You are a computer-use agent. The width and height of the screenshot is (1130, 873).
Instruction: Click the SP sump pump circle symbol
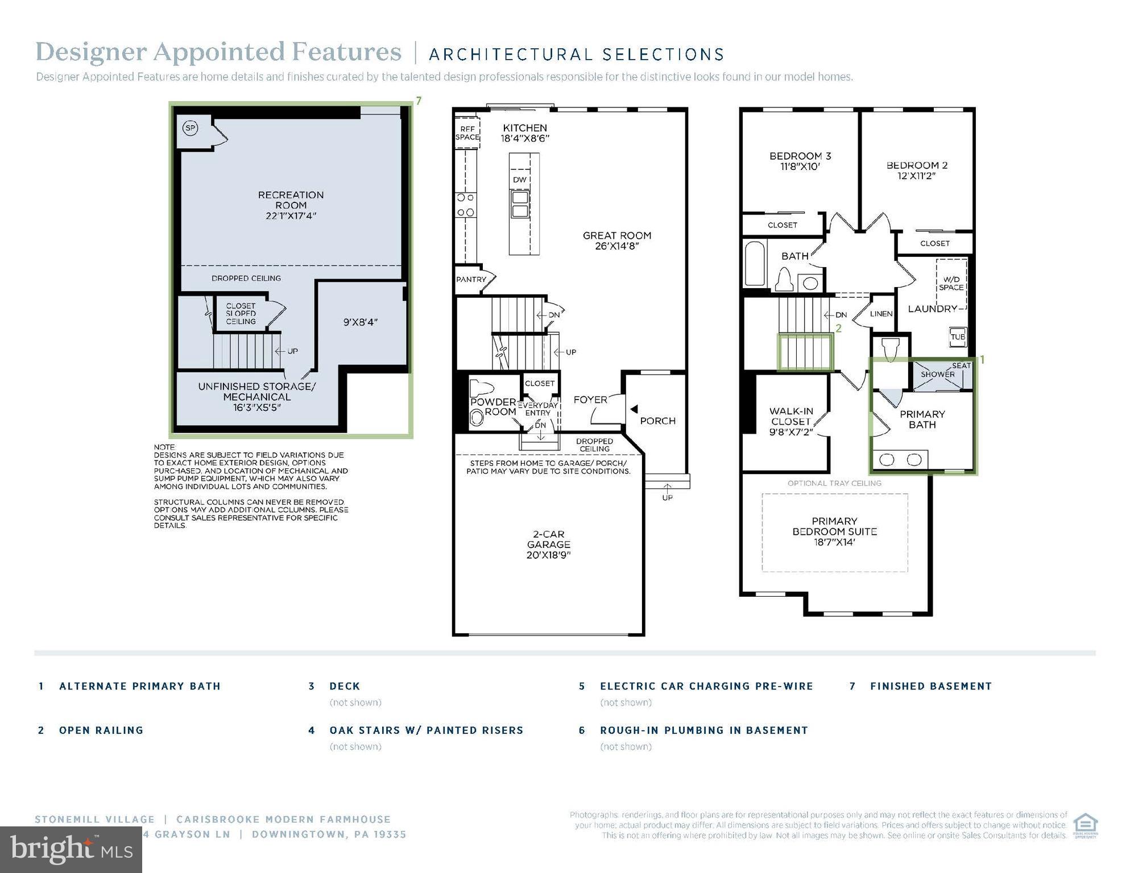click(x=191, y=128)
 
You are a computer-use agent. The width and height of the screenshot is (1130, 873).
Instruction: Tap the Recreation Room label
click(x=291, y=200)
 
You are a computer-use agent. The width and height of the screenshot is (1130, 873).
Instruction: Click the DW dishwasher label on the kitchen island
click(x=520, y=180)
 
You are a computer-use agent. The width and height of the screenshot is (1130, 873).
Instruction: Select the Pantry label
click(x=471, y=280)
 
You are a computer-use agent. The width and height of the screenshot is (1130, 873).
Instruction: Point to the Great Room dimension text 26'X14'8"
click(x=617, y=246)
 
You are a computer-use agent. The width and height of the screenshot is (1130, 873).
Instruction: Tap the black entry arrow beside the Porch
click(x=634, y=409)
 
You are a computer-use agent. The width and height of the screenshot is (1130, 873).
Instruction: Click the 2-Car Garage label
click(x=548, y=539)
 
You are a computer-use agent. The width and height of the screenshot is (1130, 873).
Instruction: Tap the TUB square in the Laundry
click(x=958, y=336)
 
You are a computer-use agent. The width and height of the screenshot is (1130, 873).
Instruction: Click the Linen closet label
click(x=881, y=314)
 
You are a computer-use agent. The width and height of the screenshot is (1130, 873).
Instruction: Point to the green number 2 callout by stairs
click(x=838, y=329)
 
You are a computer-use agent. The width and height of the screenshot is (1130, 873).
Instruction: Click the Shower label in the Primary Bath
click(x=938, y=375)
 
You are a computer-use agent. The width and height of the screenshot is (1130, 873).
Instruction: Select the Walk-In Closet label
click(x=791, y=416)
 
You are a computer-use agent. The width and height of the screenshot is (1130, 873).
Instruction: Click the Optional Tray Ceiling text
click(x=834, y=483)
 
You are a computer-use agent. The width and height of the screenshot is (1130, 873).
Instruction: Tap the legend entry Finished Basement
click(x=930, y=686)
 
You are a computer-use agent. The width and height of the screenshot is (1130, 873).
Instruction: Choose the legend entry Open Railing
click(x=101, y=730)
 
